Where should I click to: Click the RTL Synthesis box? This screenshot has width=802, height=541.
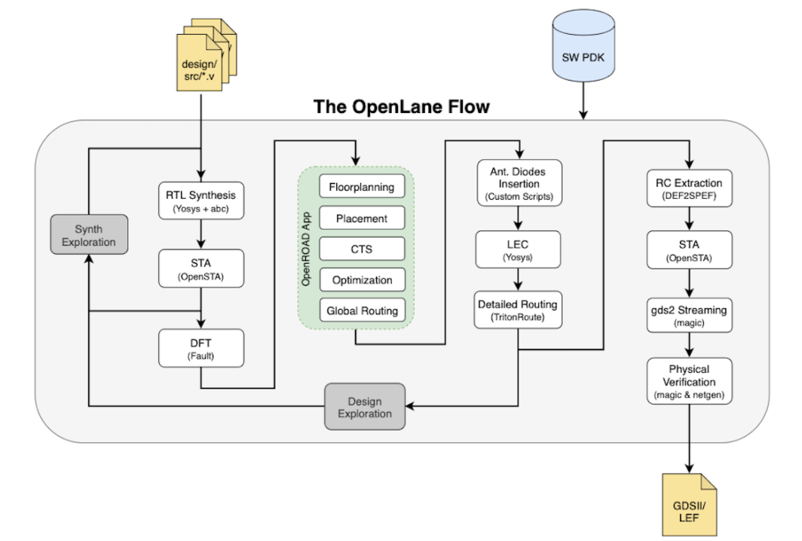pos(200,200)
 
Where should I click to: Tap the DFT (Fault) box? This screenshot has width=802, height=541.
pos(200,348)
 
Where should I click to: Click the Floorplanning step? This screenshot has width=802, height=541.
pos(362,187)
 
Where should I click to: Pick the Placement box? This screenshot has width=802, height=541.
pos(362,219)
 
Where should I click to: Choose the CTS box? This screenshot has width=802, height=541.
pos(362,249)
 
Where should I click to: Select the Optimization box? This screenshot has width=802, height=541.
pos(362,280)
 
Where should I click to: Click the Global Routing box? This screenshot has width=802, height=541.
pos(362,310)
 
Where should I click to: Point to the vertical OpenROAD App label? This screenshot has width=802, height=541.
pos(307,248)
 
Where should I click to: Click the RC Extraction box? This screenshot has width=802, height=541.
pos(688,188)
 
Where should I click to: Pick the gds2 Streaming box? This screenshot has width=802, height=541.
pos(688,316)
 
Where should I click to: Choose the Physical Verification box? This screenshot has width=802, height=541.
pos(688,381)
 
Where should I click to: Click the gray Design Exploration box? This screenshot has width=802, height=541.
pos(365,407)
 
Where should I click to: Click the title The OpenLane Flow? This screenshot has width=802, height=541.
pos(401,106)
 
